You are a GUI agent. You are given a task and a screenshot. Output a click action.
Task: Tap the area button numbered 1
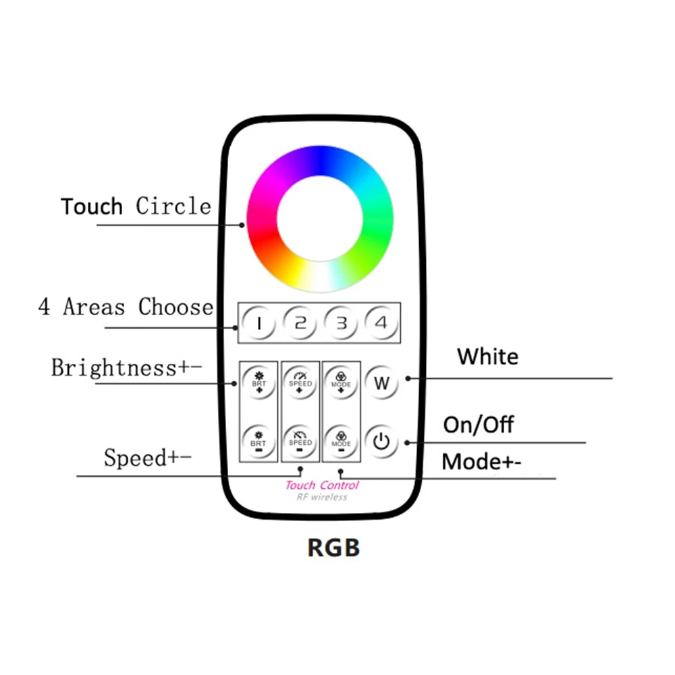[x=258, y=323]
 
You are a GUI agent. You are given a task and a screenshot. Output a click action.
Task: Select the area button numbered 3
[x=342, y=323]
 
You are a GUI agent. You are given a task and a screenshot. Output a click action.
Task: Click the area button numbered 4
[x=382, y=323]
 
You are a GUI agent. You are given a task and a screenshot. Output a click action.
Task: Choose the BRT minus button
[x=258, y=440]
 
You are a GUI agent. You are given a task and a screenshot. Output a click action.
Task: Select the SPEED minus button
[x=300, y=440]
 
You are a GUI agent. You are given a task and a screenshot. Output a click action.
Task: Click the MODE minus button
[x=342, y=440]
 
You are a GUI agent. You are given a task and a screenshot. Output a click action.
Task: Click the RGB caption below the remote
[x=333, y=547]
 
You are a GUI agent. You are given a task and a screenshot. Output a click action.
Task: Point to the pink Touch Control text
[x=322, y=485]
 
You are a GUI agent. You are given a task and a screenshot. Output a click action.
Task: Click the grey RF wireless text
[x=322, y=497]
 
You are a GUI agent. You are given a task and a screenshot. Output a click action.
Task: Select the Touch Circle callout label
[x=136, y=206]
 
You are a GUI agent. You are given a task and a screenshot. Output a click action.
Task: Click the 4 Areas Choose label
[x=126, y=307]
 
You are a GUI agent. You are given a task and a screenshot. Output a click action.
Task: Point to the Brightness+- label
[x=127, y=368]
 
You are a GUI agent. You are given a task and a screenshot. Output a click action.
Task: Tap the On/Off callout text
[x=478, y=425]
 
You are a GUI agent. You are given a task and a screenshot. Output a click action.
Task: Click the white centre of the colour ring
[x=320, y=219]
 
